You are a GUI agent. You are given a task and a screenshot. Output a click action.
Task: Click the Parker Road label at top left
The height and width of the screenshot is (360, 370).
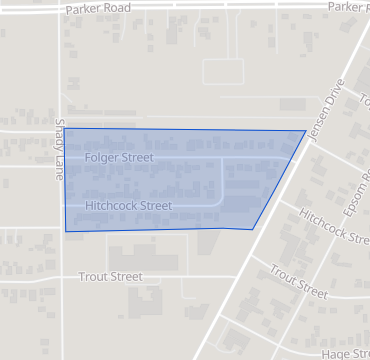97,7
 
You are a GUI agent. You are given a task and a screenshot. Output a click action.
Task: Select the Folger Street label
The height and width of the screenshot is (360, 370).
119,158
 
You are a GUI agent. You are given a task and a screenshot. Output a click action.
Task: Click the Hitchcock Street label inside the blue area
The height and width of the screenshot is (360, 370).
129,206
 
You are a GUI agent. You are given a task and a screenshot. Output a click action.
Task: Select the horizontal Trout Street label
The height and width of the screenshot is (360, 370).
110,276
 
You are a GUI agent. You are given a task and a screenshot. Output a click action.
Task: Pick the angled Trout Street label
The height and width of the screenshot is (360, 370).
298,282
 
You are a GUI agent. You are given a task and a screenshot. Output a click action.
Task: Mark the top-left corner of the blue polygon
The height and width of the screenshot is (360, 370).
65,129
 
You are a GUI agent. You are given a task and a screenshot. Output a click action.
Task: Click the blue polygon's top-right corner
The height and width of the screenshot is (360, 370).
305,131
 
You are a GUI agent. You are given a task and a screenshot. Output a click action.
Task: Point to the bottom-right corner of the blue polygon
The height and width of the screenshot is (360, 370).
251,229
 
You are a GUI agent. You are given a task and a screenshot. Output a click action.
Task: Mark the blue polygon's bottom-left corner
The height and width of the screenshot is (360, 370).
66,231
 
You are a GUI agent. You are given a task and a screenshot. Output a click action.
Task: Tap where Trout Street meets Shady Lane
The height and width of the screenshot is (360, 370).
61,276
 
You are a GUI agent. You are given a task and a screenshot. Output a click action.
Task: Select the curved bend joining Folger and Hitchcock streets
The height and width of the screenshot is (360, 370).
220,200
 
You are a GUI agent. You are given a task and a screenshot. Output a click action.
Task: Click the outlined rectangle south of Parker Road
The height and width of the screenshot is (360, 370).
223,71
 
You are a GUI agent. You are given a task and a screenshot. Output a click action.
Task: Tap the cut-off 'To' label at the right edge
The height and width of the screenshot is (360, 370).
364,103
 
